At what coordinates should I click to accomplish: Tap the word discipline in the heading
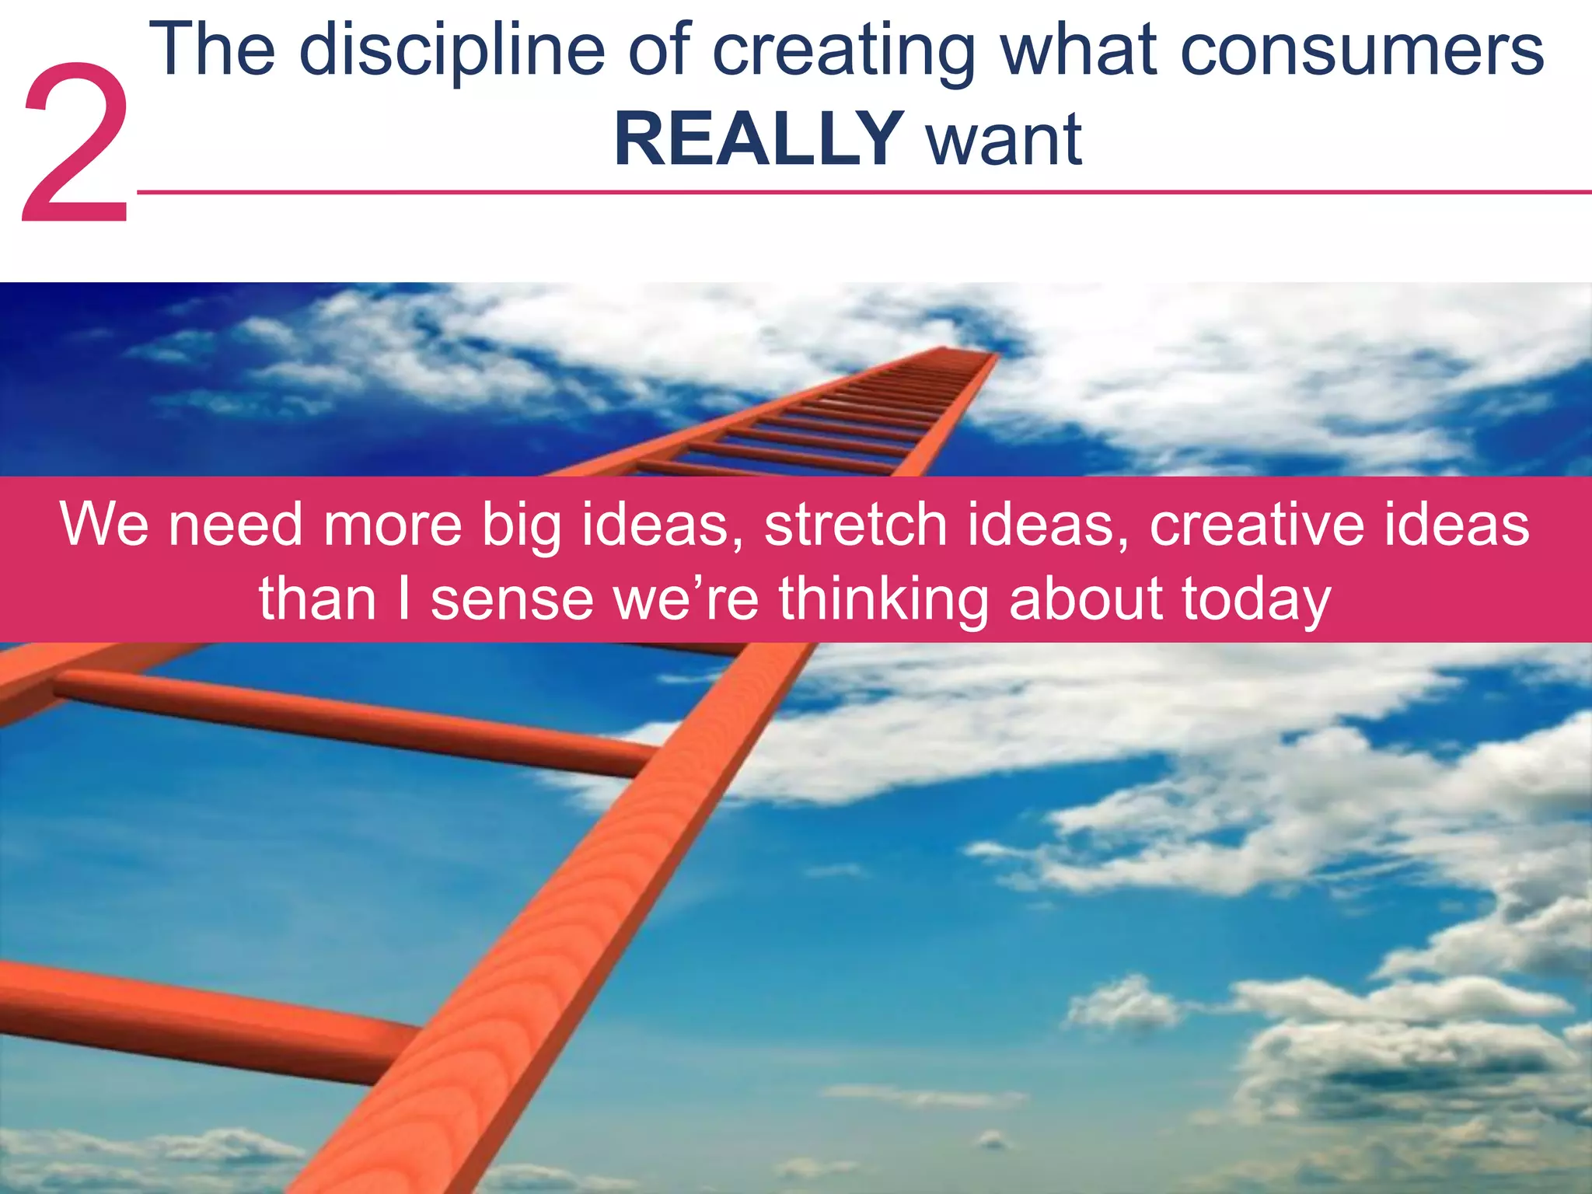pyautogui.click(x=452, y=51)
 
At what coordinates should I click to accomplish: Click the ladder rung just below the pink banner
pyautogui.click(x=350, y=719)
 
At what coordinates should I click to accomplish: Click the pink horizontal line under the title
pyautogui.click(x=855, y=192)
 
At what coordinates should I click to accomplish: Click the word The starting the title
pyautogui.click(x=212, y=51)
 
